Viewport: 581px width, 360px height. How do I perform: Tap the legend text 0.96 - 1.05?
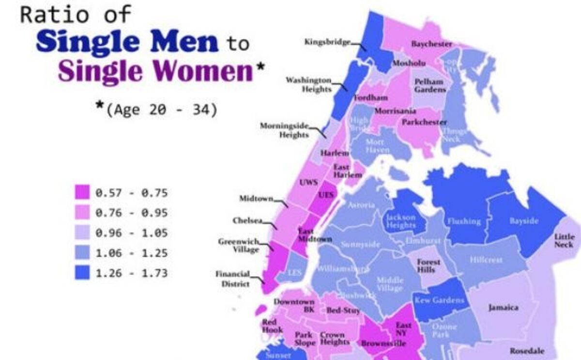pos(131,233)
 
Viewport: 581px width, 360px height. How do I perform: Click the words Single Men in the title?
pos(127,42)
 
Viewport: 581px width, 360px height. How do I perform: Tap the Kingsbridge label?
pos(327,42)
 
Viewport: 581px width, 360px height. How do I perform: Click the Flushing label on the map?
pos(464,221)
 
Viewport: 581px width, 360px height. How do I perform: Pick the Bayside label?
pos(524,221)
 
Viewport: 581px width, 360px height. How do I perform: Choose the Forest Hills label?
pos(428,266)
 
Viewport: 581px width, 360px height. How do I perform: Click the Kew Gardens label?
pos(439,300)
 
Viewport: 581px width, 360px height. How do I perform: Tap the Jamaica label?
pos(503,308)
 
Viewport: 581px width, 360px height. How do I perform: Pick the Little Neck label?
pos(565,241)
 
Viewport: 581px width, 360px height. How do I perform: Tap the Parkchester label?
pos(424,123)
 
